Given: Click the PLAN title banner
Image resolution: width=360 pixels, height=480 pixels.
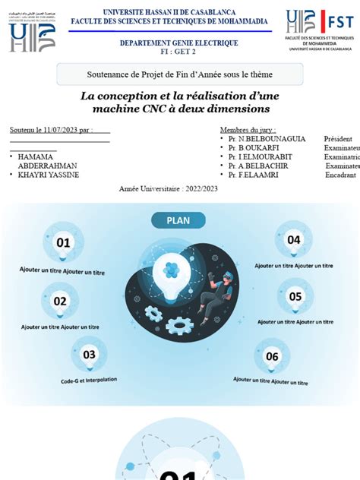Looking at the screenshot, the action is click(x=179, y=221).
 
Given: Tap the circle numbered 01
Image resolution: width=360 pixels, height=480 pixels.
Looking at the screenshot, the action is click(x=63, y=243).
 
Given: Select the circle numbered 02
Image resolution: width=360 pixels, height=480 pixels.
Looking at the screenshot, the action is click(x=60, y=301).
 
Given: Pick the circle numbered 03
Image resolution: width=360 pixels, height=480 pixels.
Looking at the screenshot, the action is click(x=90, y=354).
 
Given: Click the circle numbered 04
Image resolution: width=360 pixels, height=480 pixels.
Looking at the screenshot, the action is click(x=294, y=240).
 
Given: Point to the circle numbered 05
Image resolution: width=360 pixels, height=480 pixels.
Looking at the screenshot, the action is click(x=295, y=296).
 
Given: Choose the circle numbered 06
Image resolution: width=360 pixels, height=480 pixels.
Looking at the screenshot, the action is click(x=272, y=356).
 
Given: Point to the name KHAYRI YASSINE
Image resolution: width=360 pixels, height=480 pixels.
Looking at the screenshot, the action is click(x=49, y=175).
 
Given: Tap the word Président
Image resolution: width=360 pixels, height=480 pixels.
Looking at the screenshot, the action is click(x=338, y=140).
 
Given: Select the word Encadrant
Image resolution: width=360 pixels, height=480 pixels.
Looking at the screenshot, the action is click(x=340, y=175).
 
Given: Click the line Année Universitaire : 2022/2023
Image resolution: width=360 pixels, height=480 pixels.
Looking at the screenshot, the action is click(x=169, y=188).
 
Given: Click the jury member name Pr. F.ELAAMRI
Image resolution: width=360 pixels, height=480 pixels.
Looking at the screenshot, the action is click(x=248, y=175).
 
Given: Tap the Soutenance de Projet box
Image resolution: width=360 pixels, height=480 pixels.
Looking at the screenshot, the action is click(x=180, y=74).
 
